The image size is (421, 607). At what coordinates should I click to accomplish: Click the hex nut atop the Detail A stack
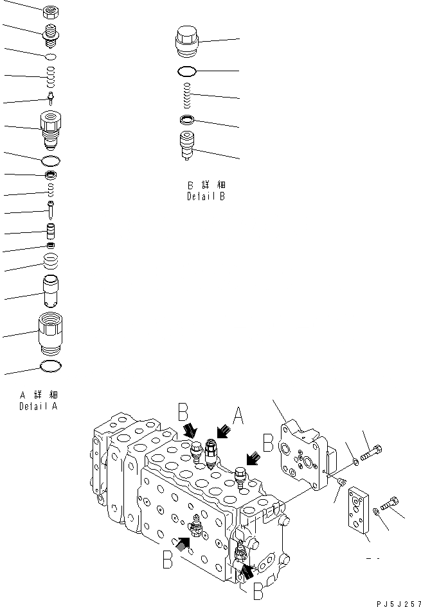coord(51,12)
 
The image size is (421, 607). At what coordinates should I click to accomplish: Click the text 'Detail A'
coord(38,406)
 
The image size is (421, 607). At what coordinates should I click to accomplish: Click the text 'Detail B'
coord(206,196)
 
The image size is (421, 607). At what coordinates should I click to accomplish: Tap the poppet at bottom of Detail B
coord(188,146)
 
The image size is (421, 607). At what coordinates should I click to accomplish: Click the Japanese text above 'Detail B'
coord(206,185)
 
